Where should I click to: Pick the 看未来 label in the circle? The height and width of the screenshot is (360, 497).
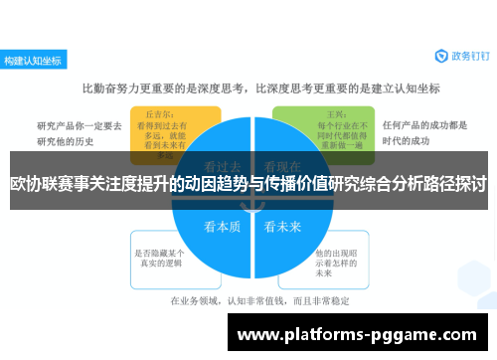[x=281, y=226]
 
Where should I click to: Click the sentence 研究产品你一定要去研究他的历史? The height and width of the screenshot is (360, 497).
[x=80, y=132]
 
